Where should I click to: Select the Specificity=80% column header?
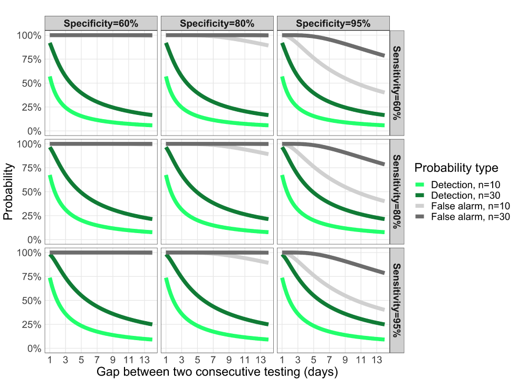pos(217,23)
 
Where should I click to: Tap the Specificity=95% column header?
pos(333,23)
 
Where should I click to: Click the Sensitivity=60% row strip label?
pos(397,83)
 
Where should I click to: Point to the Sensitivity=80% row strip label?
pos(397,191)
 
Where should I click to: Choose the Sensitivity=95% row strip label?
pos(397,300)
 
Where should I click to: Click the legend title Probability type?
pos(456,168)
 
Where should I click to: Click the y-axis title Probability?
pos(8,192)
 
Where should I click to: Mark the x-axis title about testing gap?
pos(217,372)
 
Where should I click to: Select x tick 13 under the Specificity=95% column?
pos(377,361)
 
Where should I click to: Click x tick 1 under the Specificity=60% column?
pos(50,361)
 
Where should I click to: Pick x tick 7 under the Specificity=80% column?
pos(213,361)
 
